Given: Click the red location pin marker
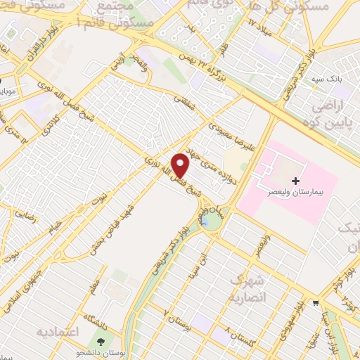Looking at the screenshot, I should (181, 165).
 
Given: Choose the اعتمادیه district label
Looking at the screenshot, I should (56, 330).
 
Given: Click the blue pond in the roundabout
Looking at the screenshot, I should (210, 221).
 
